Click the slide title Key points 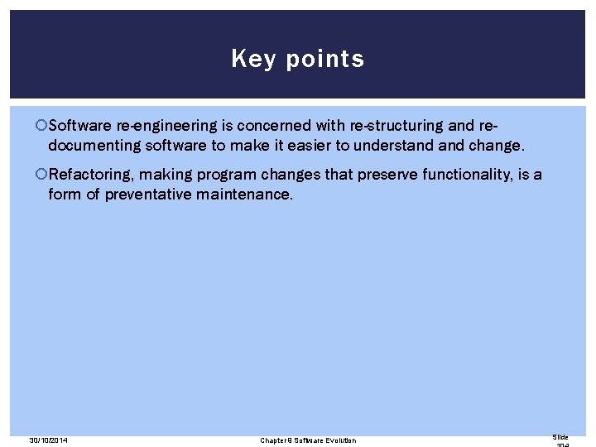point(297,59)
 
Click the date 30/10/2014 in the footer point(48,440)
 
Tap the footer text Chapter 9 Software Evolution point(308,440)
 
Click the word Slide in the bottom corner point(560,436)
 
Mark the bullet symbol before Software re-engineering point(41,126)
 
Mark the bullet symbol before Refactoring point(41,175)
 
